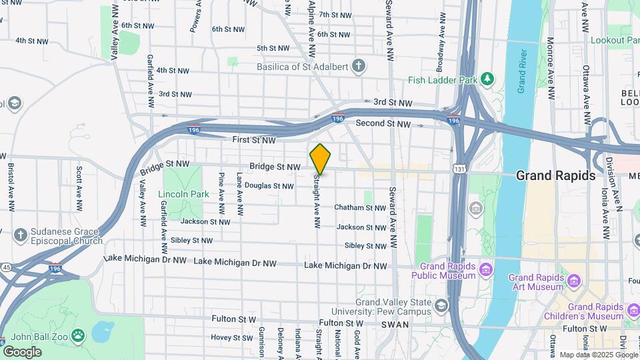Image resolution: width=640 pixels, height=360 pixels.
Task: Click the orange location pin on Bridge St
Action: (320, 159)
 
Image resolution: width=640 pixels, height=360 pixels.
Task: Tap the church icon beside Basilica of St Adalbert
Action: (359, 66)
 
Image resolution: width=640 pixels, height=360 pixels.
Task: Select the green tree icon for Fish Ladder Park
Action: (488, 79)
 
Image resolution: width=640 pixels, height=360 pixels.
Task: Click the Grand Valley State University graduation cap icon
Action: (441, 306)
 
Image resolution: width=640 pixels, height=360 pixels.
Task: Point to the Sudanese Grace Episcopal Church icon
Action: (21, 235)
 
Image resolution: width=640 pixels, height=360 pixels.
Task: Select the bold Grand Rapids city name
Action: (556, 176)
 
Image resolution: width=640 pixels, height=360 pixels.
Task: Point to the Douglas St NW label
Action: (269, 185)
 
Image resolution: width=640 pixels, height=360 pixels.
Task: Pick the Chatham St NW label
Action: (360, 208)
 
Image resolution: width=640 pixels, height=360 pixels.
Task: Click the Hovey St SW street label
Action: (233, 337)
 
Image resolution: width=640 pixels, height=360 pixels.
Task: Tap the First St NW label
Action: (253, 140)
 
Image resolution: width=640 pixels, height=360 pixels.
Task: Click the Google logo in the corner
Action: (22, 351)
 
